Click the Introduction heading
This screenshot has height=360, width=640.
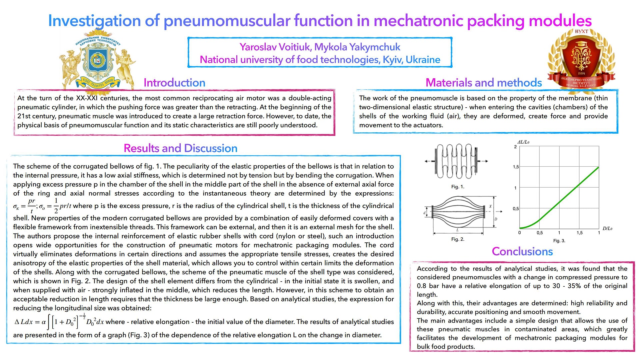174,83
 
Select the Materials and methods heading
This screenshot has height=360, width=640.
483,83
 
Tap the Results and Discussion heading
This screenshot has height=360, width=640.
180,148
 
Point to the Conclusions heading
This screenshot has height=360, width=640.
522,251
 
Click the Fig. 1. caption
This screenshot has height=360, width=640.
458,187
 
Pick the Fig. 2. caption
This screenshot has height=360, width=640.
458,239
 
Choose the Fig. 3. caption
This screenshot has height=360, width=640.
559,241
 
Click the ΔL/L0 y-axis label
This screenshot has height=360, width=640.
523,142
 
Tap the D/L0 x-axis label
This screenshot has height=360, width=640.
607,228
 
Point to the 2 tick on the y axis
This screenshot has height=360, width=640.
515,147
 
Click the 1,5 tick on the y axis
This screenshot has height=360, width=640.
516,167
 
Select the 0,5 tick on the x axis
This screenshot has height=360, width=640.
539,233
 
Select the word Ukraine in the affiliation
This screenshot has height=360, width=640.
423,60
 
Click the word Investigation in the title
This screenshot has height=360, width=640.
94,21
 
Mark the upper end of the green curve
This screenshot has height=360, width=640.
599,167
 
